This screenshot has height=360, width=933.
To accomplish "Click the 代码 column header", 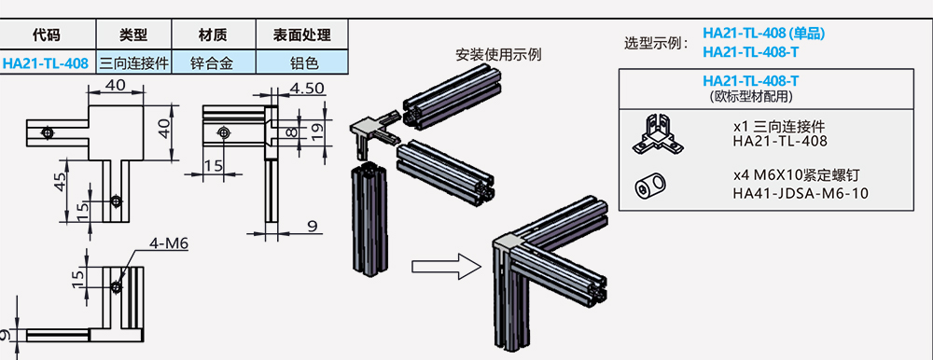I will pyautogui.click(x=46, y=35).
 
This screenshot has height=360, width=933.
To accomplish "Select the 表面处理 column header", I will pyautogui.click(x=301, y=35).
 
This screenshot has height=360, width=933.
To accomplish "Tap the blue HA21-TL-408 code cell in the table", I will pyautogui.click(x=46, y=63).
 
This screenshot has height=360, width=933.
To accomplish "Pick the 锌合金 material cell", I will pyautogui.click(x=214, y=63).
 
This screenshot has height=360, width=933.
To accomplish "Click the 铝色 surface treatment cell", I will pyautogui.click(x=301, y=63).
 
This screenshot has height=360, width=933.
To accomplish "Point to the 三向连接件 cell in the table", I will pyautogui.click(x=133, y=63).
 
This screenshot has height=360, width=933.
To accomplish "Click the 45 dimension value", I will pyautogui.click(x=60, y=182).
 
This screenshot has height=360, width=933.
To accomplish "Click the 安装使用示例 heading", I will pyautogui.click(x=498, y=53).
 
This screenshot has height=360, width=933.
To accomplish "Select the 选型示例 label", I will pyautogui.click(x=657, y=43).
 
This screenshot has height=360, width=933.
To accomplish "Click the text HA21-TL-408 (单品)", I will pyautogui.click(x=763, y=34).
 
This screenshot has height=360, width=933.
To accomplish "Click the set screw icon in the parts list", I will pyautogui.click(x=651, y=186).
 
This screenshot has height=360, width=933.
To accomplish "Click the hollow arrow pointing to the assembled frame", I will pyautogui.click(x=442, y=268).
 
